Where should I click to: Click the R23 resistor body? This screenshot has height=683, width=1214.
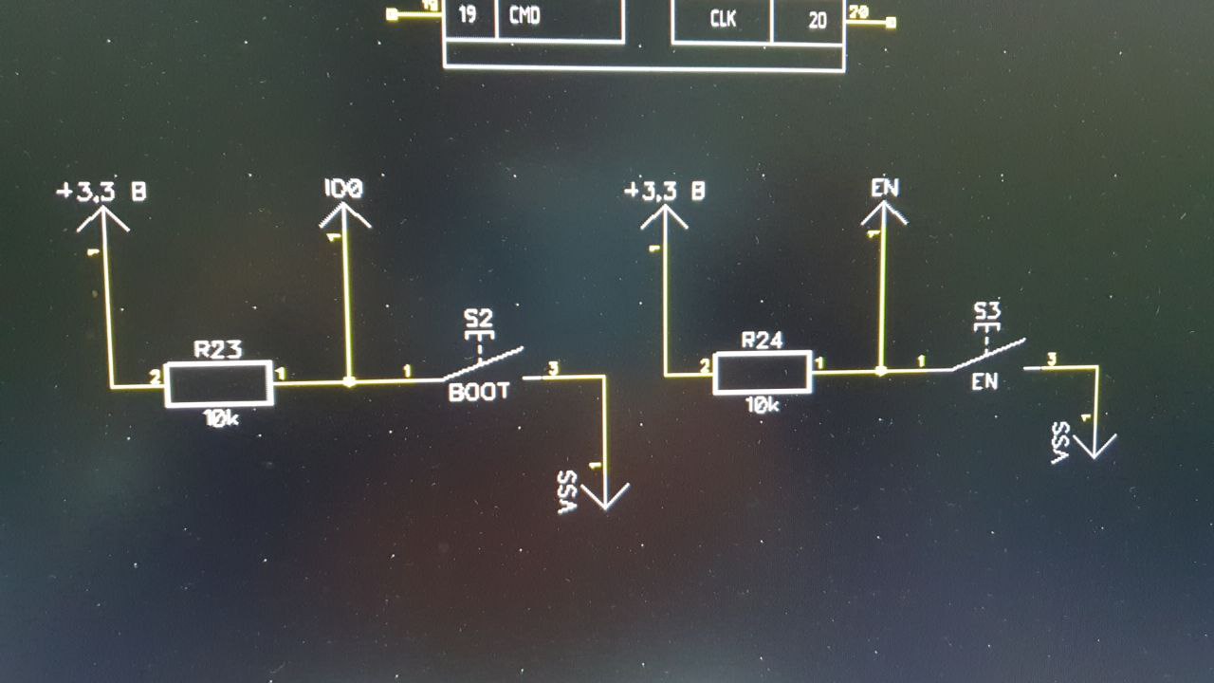coord(219,384)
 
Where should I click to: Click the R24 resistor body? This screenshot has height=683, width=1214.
coord(763,372)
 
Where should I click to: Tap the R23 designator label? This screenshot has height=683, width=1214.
coord(218,349)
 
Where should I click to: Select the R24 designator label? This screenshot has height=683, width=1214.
coord(763,340)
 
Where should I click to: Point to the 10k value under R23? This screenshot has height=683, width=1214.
coord(220,417)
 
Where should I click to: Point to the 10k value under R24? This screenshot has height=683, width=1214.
coord(763,405)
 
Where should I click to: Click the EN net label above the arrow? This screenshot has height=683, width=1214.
coord(884,187)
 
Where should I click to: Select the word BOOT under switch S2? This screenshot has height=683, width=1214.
coord(479,392)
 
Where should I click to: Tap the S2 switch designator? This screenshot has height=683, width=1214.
coord(478,317)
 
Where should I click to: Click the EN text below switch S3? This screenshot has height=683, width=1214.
coord(984,383)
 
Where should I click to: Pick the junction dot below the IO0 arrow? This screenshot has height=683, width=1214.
coord(349,382)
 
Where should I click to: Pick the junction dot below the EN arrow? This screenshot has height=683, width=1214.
coord(881,371)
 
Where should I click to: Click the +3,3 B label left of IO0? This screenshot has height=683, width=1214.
coord(101,193)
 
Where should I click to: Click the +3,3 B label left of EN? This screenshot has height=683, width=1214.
coord(664,191)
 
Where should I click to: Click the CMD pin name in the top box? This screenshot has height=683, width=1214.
coord(524,16)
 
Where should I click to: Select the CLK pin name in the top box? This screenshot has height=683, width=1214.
coord(724,19)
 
